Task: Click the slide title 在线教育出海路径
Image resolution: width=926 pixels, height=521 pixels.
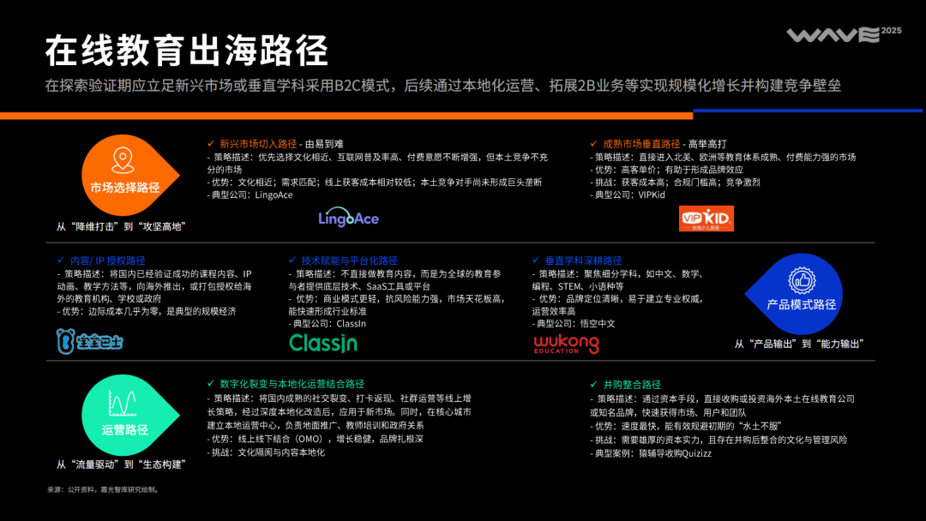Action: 187,51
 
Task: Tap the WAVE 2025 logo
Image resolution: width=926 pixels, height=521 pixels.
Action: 833,35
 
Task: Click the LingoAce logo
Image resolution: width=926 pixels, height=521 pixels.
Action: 348,218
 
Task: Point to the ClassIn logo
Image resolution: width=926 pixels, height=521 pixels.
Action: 323,344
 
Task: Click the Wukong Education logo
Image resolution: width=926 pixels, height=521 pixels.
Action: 566,344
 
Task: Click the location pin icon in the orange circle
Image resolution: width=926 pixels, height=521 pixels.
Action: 125,160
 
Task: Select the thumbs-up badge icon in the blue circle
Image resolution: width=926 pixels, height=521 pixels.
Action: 802,279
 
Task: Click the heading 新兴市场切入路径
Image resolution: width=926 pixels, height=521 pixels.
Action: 258,144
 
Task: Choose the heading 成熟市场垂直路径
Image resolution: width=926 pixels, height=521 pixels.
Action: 635,144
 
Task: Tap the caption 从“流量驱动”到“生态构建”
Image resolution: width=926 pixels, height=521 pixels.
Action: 122,464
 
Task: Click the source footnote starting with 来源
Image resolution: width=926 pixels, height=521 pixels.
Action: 103,490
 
